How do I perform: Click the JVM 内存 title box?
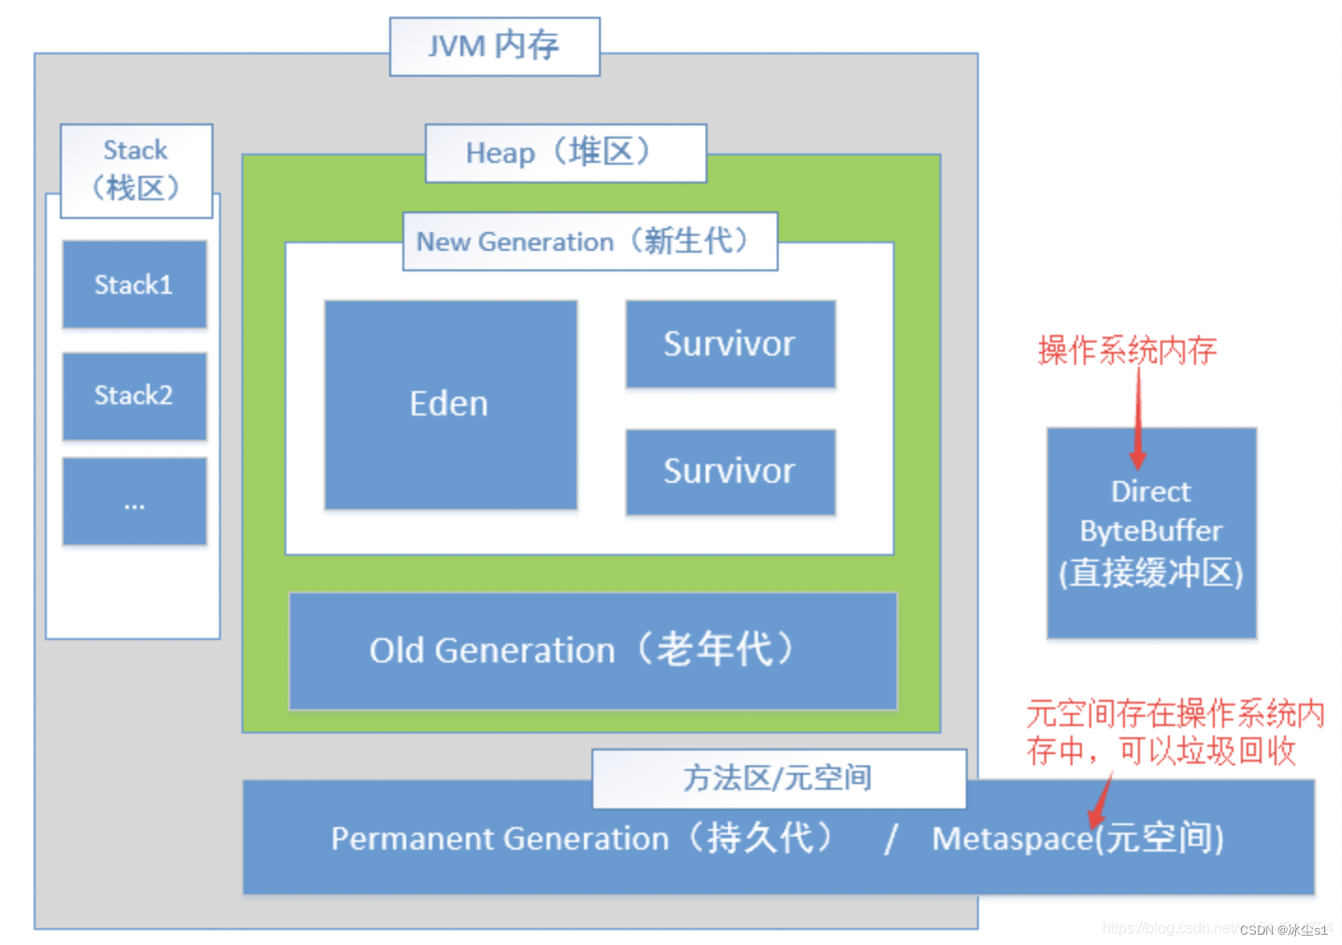(494, 46)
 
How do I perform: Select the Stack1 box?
(134, 284)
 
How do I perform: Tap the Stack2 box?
(134, 396)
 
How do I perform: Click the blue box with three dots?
(134, 502)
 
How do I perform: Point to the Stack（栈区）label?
(137, 170)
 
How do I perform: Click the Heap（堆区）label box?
(565, 153)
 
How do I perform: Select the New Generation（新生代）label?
(590, 241)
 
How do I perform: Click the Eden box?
(450, 404)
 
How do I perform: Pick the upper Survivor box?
(730, 343)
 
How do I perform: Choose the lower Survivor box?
(730, 472)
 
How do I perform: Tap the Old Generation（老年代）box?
(592, 650)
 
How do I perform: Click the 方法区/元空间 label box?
(778, 778)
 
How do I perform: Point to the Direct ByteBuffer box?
(1151, 533)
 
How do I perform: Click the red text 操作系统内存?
(1127, 350)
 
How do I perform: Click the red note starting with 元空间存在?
(1174, 732)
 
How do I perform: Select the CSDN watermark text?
(1283, 930)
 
